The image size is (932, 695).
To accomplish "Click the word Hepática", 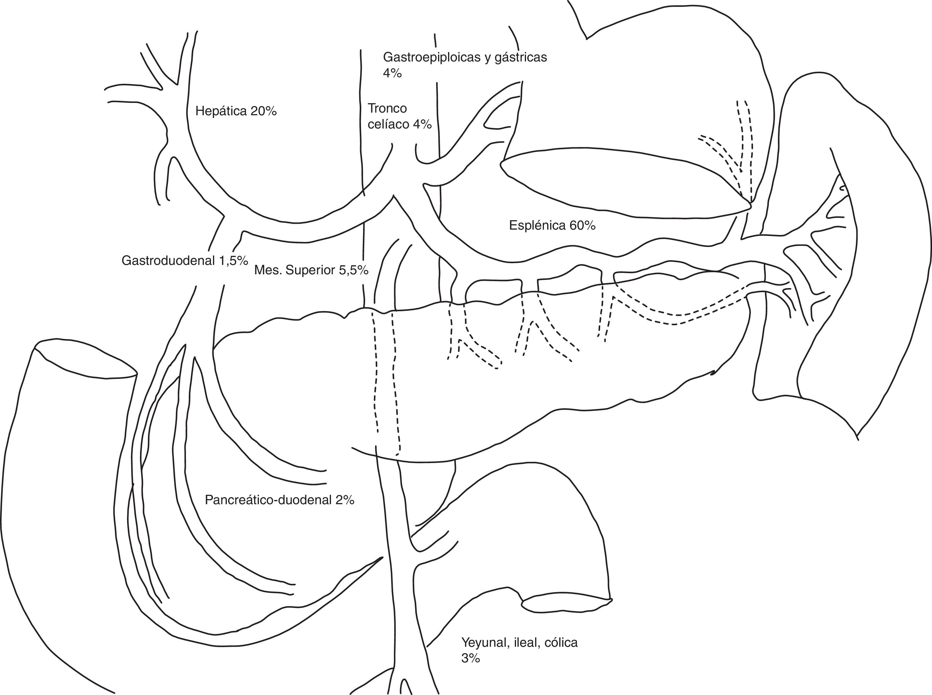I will (x=221, y=111).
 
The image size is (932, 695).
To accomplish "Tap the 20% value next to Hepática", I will (x=263, y=111).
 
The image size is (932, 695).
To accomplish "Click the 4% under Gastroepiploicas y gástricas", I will (x=392, y=73).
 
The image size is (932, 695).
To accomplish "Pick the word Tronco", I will (x=387, y=108).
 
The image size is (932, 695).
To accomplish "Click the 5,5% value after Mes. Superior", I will (x=354, y=270).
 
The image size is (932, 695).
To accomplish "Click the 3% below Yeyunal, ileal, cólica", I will (x=470, y=659).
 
